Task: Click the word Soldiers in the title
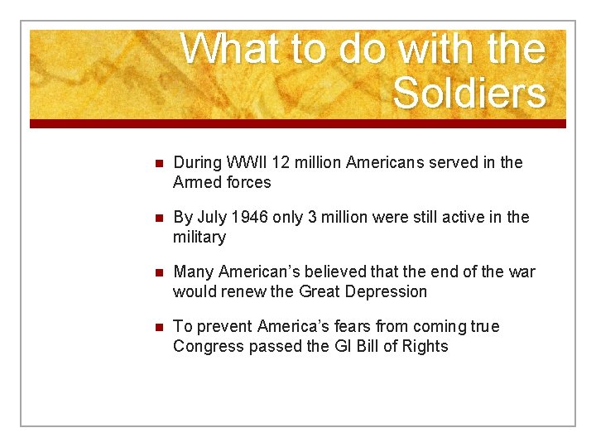point(469,93)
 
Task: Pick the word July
point(213,218)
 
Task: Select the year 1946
point(251,218)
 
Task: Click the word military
point(199,238)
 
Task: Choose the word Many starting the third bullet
point(194,272)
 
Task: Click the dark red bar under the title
point(298,123)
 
